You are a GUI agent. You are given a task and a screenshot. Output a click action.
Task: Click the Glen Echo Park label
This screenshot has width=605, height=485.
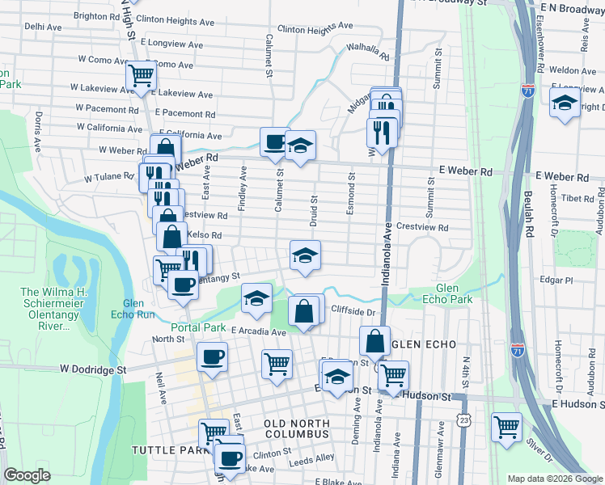click(x=447, y=294)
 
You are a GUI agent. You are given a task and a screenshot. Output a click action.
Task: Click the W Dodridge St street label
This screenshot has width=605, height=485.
click(x=92, y=369)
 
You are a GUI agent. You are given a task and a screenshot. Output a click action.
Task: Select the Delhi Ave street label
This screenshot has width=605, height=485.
click(x=43, y=27)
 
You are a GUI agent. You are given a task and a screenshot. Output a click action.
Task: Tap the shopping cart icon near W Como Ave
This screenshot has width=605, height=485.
click(x=141, y=76)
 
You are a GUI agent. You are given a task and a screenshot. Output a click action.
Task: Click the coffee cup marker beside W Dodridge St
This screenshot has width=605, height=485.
click(x=212, y=356)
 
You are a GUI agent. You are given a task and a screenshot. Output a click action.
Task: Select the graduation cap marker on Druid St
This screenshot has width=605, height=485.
click(x=306, y=255)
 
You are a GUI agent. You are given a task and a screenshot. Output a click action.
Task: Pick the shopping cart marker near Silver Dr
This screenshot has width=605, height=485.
click(x=506, y=426)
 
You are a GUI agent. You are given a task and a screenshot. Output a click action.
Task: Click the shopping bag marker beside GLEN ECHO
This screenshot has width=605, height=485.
click(x=375, y=340)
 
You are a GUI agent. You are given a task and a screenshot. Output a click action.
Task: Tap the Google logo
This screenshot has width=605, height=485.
click(x=27, y=475)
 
